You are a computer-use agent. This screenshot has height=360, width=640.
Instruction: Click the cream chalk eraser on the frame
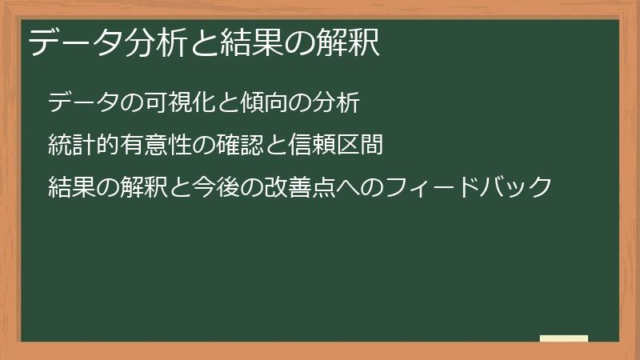click(564, 338)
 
